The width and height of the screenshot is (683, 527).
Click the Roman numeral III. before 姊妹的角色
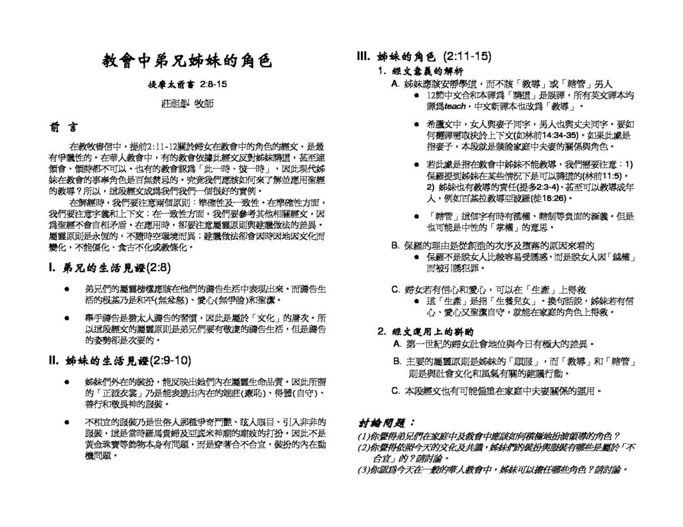click(x=365, y=57)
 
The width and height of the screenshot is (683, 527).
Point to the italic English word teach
click(x=455, y=106)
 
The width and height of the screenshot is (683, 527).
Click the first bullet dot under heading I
click(x=65, y=289)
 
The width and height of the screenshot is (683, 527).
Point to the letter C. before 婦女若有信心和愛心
click(x=396, y=289)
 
